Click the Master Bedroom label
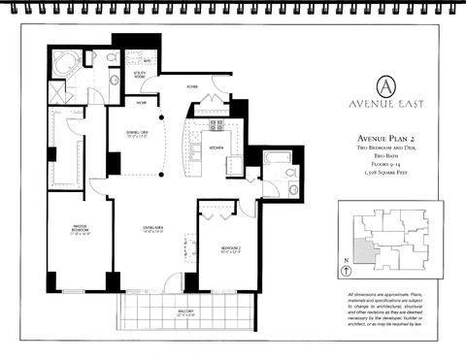click(x=80, y=232)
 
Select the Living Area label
click(x=153, y=231)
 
